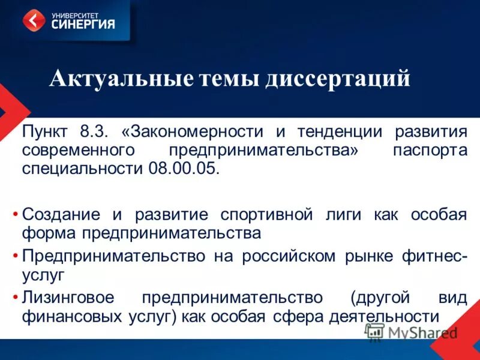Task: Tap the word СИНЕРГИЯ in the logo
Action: click(x=83, y=25)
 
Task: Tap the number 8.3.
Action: click(x=92, y=131)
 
